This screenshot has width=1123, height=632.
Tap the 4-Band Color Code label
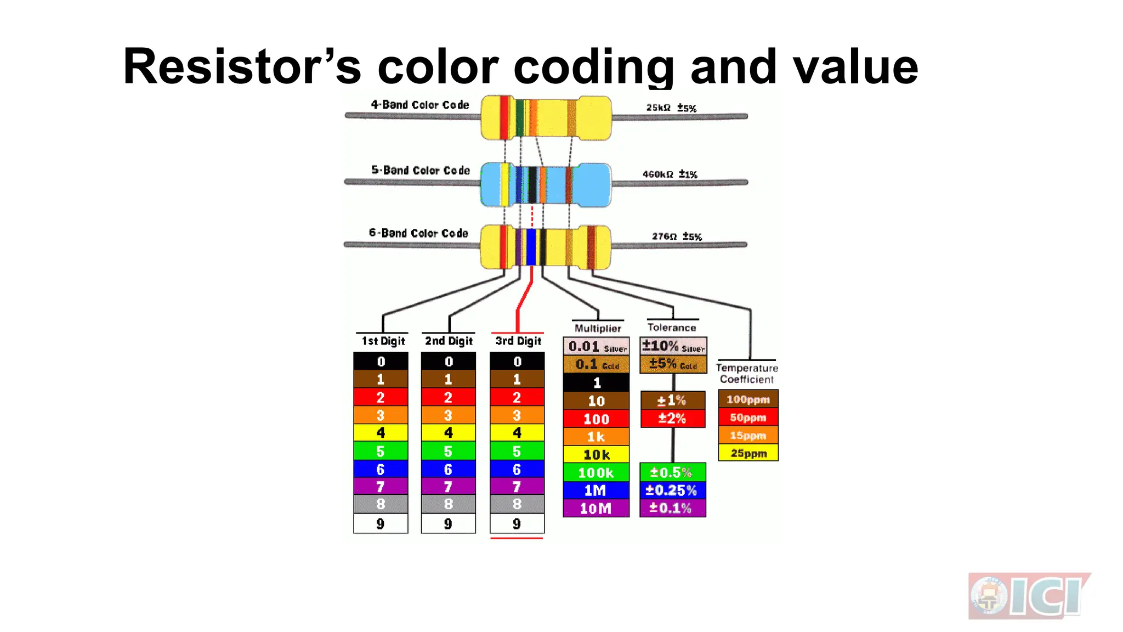click(x=420, y=105)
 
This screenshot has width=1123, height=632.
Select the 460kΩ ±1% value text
click(x=670, y=174)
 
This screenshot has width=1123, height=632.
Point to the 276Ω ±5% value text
click(x=677, y=236)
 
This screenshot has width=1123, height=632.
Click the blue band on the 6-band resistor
click(x=531, y=247)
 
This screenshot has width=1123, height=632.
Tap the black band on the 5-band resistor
click(x=532, y=184)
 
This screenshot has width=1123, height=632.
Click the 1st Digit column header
click(x=383, y=341)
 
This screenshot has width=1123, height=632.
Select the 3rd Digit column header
click(x=518, y=341)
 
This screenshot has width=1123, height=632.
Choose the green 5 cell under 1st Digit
click(x=381, y=451)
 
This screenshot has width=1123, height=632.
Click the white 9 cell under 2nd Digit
click(x=448, y=523)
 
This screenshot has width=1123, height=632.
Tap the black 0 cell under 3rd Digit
click(x=517, y=362)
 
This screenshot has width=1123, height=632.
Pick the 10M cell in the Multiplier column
click(x=596, y=509)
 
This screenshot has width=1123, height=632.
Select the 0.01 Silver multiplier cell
click(x=597, y=347)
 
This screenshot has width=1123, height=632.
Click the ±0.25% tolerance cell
click(x=672, y=490)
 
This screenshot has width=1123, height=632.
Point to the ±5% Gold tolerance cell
click(x=673, y=364)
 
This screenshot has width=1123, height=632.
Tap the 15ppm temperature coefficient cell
click(x=748, y=436)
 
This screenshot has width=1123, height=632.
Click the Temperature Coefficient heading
click(x=747, y=374)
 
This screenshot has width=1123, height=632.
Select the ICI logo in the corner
click(x=1029, y=596)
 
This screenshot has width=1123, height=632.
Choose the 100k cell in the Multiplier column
click(x=596, y=472)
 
